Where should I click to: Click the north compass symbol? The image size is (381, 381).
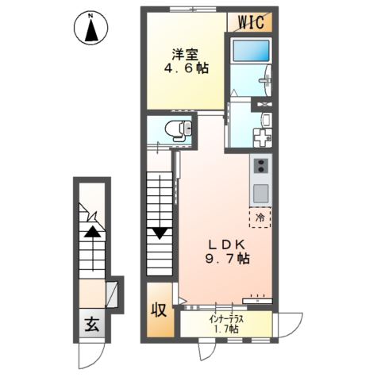tap(91, 27)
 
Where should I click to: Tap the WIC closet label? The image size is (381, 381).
tap(252, 22)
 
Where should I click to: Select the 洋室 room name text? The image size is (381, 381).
tap(185, 55)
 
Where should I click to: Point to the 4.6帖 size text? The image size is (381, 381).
tap(187, 68)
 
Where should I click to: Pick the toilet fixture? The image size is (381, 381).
tap(178, 129)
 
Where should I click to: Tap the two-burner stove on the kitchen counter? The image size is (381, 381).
tap(260, 166)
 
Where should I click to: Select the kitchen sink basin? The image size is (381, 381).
tap(260, 193)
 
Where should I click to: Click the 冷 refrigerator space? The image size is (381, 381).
tap(260, 217)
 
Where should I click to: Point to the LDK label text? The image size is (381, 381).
tap(227, 244)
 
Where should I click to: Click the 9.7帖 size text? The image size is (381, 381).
tap(228, 259)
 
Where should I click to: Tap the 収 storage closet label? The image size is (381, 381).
tap(159, 310)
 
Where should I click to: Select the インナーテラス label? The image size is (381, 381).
tap(226, 319)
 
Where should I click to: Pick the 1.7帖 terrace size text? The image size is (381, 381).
tap(226, 329)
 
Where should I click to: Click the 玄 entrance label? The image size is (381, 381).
tap(92, 325)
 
